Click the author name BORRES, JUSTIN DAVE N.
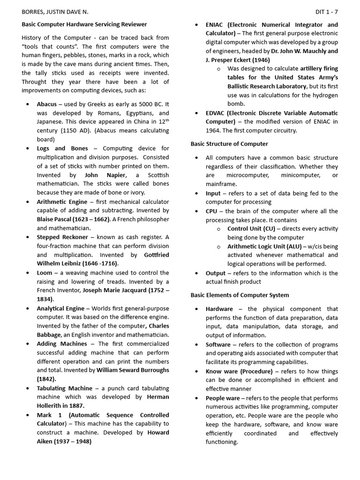(55, 11)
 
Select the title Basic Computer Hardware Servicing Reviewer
(84, 24)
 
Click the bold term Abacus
(47, 104)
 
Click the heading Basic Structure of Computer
(229, 144)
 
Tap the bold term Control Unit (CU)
(251, 229)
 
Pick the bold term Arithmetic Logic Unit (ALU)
(264, 247)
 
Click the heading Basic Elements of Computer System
(240, 295)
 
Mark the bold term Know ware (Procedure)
(239, 371)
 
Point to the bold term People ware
(223, 398)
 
